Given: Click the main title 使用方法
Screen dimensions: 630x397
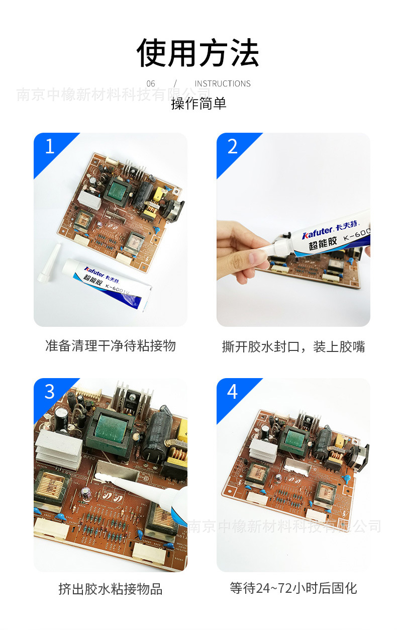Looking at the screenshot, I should tap(198, 53).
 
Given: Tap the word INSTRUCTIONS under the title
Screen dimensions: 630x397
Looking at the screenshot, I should tap(222, 83).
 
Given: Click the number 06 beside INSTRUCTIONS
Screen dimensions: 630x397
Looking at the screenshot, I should tap(151, 83).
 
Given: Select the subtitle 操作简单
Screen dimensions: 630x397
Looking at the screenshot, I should tap(198, 104).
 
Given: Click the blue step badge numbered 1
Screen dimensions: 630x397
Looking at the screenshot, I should tap(50, 147).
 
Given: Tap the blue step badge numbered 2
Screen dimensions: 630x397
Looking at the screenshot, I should tap(232, 147).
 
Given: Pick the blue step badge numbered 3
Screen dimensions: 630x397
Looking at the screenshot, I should tap(50, 392).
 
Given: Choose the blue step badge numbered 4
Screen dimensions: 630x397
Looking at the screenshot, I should tap(232, 392).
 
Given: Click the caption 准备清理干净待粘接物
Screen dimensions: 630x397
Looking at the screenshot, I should tap(111, 346).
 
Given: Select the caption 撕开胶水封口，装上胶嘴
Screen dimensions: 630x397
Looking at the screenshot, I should tap(293, 346).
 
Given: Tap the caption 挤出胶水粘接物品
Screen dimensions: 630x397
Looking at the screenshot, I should tap(111, 589).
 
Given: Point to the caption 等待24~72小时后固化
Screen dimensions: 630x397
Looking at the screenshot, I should tap(293, 588).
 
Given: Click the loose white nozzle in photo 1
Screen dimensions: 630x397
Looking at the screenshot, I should tap(49, 261).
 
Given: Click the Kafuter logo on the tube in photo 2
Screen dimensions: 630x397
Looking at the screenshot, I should tap(317, 233).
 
